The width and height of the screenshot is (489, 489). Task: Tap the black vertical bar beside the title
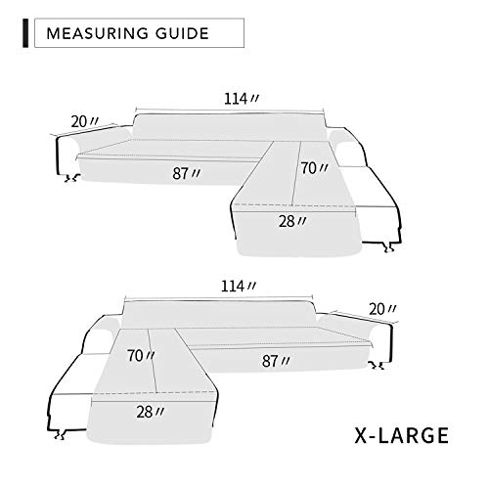click(25, 33)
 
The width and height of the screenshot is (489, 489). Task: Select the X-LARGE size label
click(402, 435)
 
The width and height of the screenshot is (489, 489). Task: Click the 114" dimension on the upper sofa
click(242, 99)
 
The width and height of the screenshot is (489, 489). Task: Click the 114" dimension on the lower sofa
click(239, 287)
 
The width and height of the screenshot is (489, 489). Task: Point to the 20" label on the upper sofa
click(84, 122)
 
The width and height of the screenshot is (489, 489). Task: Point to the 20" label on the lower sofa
click(382, 309)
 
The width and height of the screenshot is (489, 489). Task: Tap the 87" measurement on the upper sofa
click(186, 173)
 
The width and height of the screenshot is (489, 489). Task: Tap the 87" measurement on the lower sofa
click(276, 361)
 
